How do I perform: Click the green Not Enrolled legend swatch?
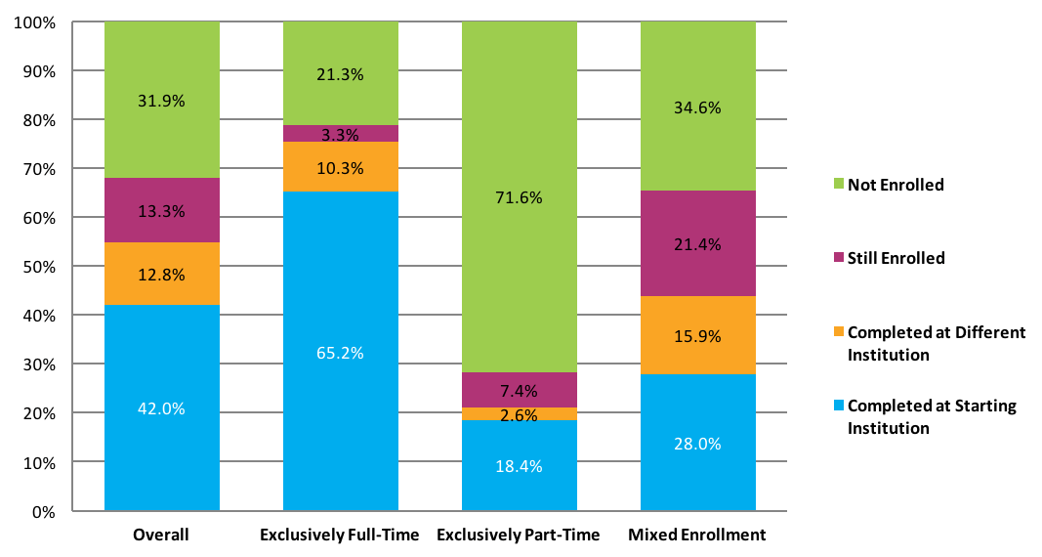click(x=839, y=185)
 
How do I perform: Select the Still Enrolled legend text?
click(x=896, y=259)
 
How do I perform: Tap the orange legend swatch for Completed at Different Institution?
click(x=839, y=332)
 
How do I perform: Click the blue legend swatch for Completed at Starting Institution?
click(x=839, y=406)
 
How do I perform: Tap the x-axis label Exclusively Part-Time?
click(x=519, y=536)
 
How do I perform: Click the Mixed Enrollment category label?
click(x=697, y=536)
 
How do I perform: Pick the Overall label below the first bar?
click(x=161, y=536)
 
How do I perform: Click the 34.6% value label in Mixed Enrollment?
click(x=698, y=108)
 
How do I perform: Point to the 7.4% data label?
click(x=520, y=391)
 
